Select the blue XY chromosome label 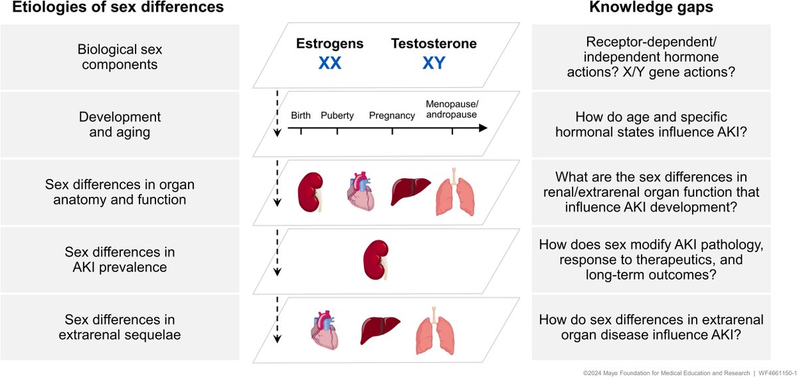(435, 63)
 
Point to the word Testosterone (434, 45)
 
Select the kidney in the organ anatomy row (310, 191)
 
